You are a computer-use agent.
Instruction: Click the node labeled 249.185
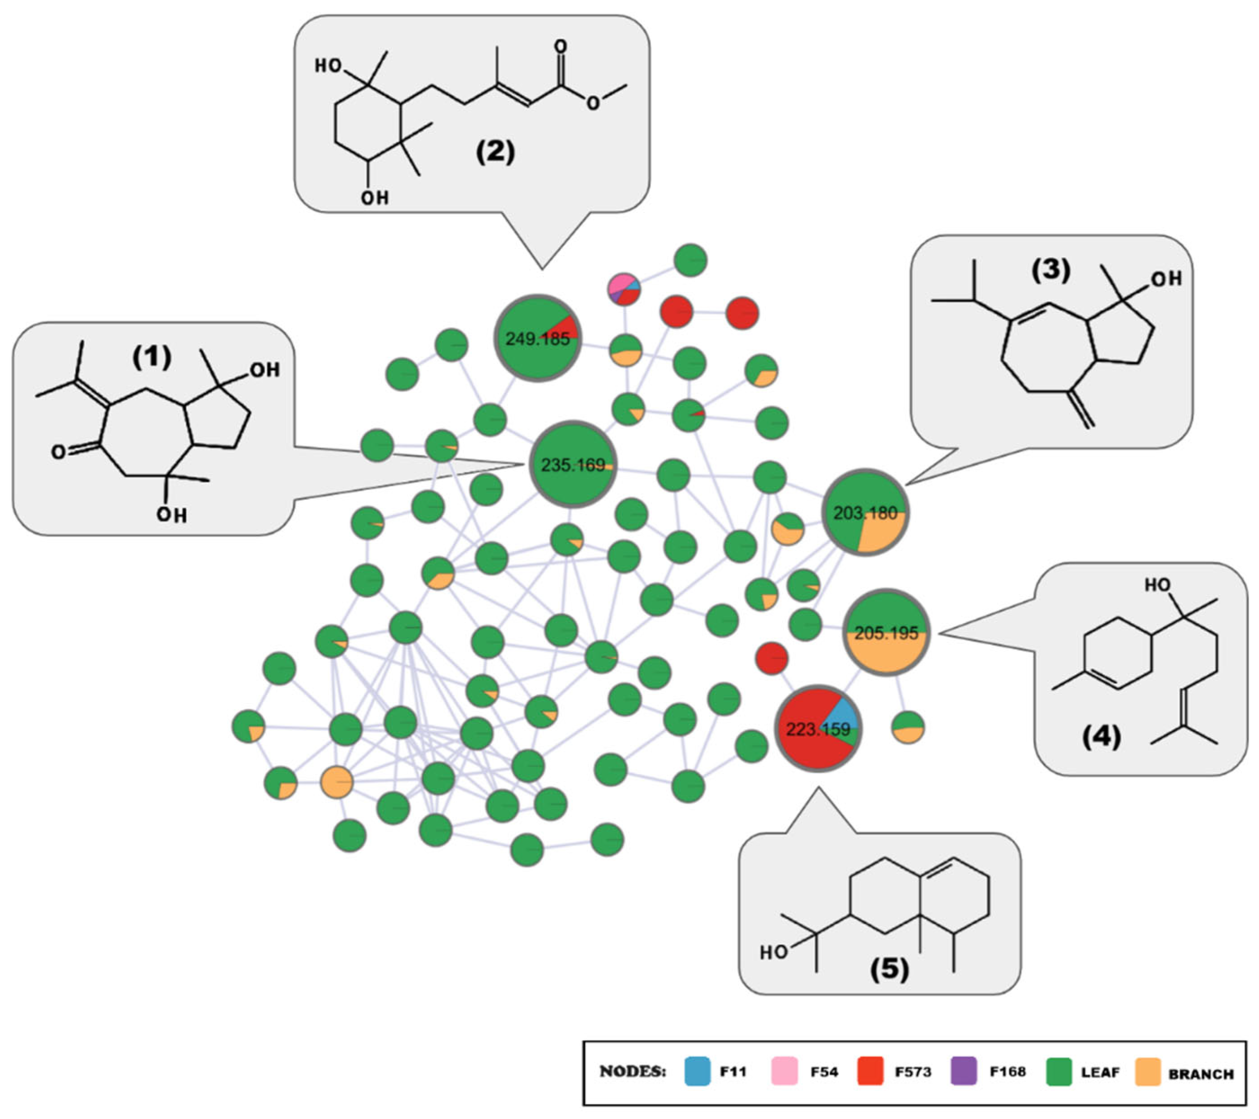click(537, 338)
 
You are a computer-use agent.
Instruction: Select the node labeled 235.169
click(573, 464)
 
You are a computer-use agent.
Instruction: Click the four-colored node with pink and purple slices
click(624, 289)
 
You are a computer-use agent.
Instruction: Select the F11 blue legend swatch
click(697, 1071)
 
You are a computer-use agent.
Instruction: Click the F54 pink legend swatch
click(785, 1071)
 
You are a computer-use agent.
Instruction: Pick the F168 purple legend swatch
click(964, 1071)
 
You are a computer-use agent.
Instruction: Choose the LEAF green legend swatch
click(1059, 1071)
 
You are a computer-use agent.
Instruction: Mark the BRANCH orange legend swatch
click(1147, 1071)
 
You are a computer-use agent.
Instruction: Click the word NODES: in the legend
click(633, 1071)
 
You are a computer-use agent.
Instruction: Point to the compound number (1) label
click(152, 358)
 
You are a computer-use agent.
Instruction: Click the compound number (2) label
click(495, 152)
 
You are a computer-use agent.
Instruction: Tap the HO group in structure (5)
click(774, 952)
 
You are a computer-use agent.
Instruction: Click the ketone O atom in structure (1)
click(58, 452)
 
